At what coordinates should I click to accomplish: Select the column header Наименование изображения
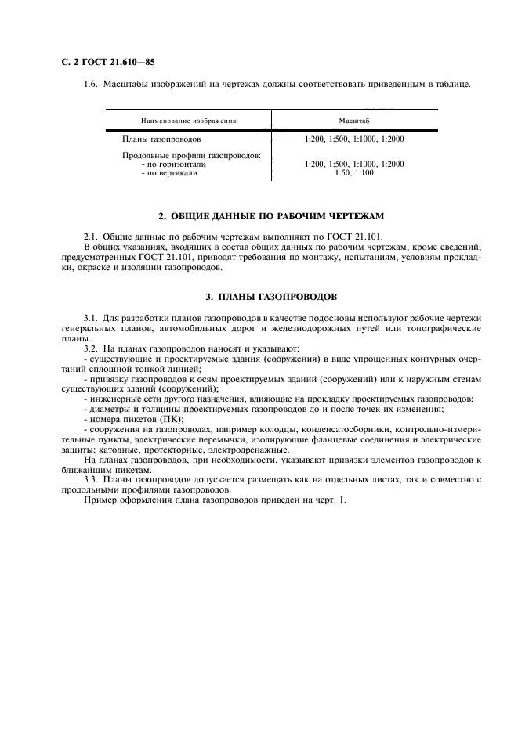pos(188,122)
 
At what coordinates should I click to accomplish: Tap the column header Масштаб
pos(354,122)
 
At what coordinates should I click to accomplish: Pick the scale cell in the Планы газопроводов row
pos(354,139)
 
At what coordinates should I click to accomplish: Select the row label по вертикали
pos(169,173)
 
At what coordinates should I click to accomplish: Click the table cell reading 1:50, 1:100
pos(354,173)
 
